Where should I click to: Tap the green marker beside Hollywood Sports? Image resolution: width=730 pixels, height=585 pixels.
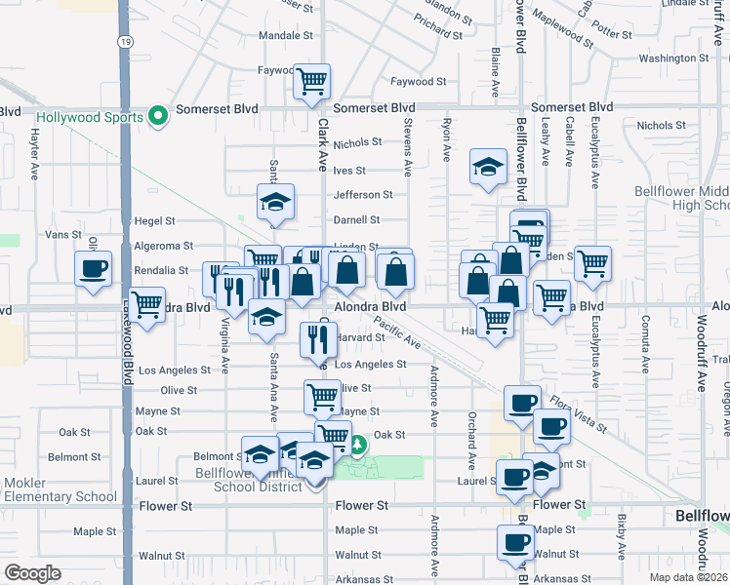click(x=158, y=118)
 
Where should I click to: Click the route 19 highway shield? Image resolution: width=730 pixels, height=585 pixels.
click(x=124, y=42)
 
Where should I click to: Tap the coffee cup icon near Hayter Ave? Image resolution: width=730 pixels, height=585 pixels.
click(x=94, y=268)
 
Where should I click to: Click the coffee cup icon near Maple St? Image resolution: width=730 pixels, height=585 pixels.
click(x=515, y=542)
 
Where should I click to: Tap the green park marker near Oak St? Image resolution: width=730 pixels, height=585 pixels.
click(x=358, y=446)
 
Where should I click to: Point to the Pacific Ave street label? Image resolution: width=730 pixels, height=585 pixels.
click(x=397, y=337)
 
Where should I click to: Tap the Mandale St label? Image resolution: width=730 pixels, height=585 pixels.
click(x=285, y=34)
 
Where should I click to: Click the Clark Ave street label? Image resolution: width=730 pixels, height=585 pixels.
click(x=322, y=145)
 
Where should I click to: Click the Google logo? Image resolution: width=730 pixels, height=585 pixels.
click(x=32, y=573)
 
